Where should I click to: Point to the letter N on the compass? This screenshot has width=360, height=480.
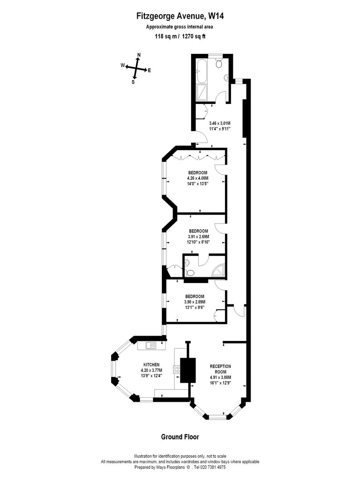139,55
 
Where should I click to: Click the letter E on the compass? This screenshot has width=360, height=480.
149,70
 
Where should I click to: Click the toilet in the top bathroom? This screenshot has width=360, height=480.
219,64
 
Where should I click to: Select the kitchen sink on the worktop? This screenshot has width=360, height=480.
150,344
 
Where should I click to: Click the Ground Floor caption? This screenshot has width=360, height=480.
180,437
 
